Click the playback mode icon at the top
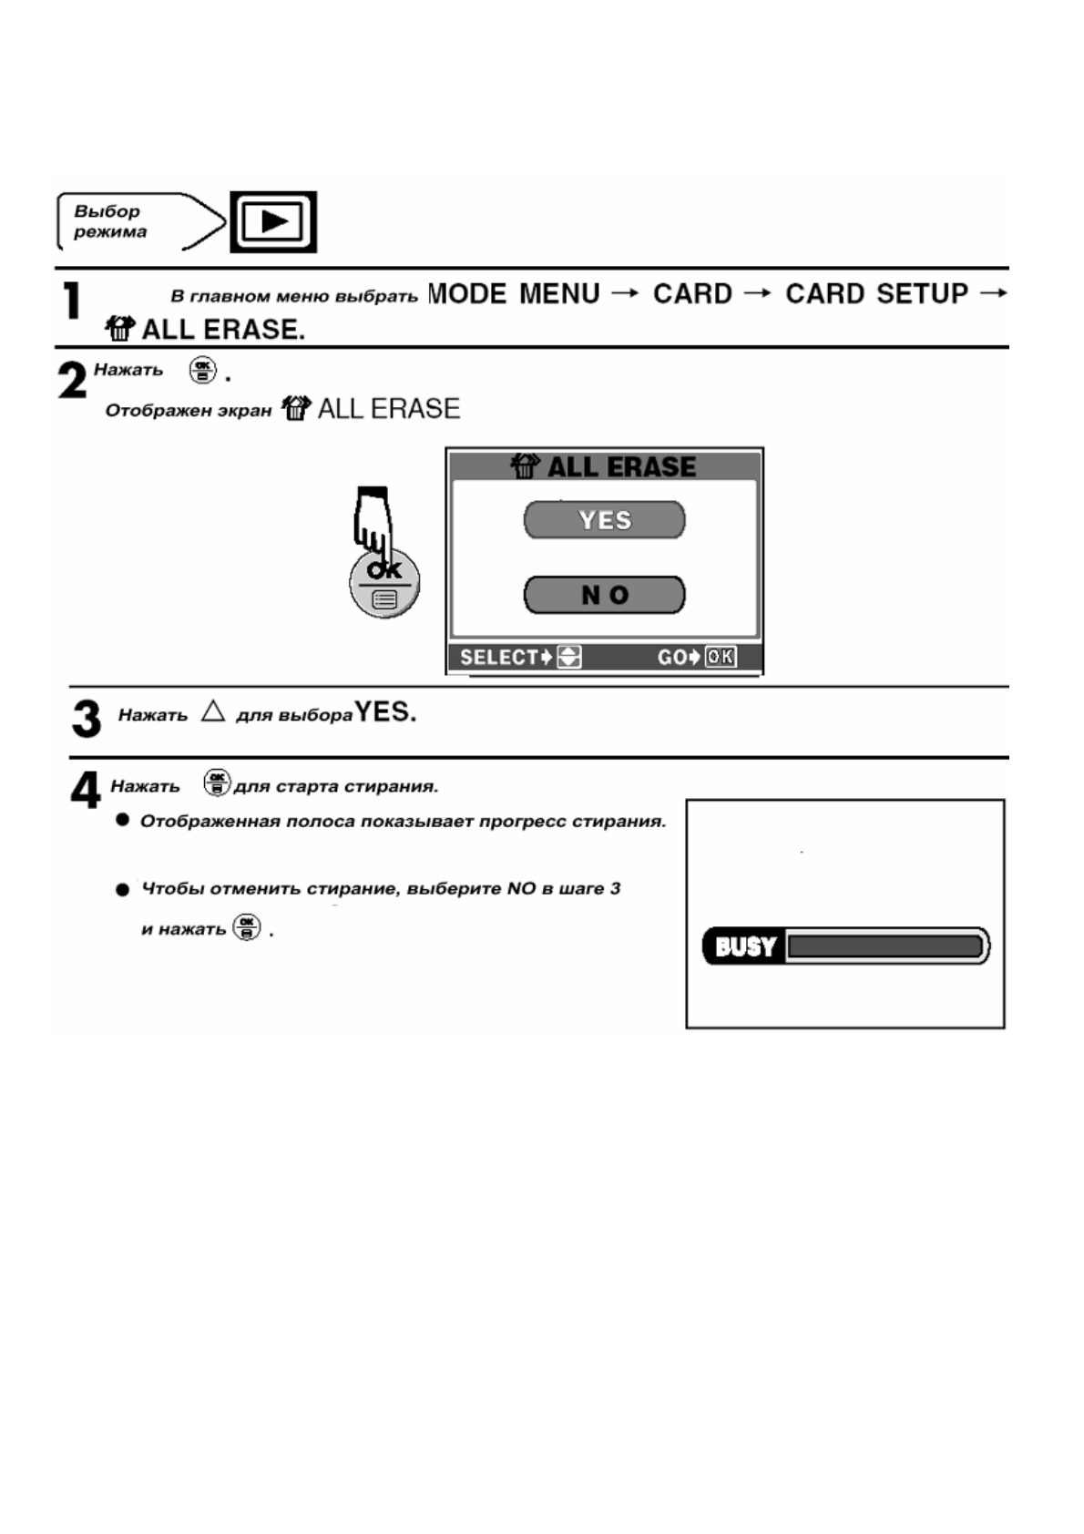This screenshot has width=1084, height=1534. [x=273, y=221]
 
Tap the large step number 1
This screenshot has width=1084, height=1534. [x=72, y=302]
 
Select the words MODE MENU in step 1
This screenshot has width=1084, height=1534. [x=514, y=294]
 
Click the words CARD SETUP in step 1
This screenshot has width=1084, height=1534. [x=876, y=294]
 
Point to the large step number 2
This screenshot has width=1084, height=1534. [x=73, y=380]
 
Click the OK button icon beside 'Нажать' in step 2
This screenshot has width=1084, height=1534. [x=202, y=371]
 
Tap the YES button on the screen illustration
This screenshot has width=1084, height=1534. [x=604, y=520]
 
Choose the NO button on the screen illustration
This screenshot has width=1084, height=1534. [x=604, y=595]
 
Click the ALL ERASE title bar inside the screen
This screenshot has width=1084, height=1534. [x=604, y=466]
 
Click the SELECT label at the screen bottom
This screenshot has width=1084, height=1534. [x=499, y=657]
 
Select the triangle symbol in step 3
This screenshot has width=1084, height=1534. [x=213, y=711]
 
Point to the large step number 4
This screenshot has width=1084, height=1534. [x=86, y=790]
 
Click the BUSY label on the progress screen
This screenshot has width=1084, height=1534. [x=745, y=946]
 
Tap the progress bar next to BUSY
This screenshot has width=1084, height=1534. [x=885, y=946]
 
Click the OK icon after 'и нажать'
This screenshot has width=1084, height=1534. [x=247, y=927]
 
